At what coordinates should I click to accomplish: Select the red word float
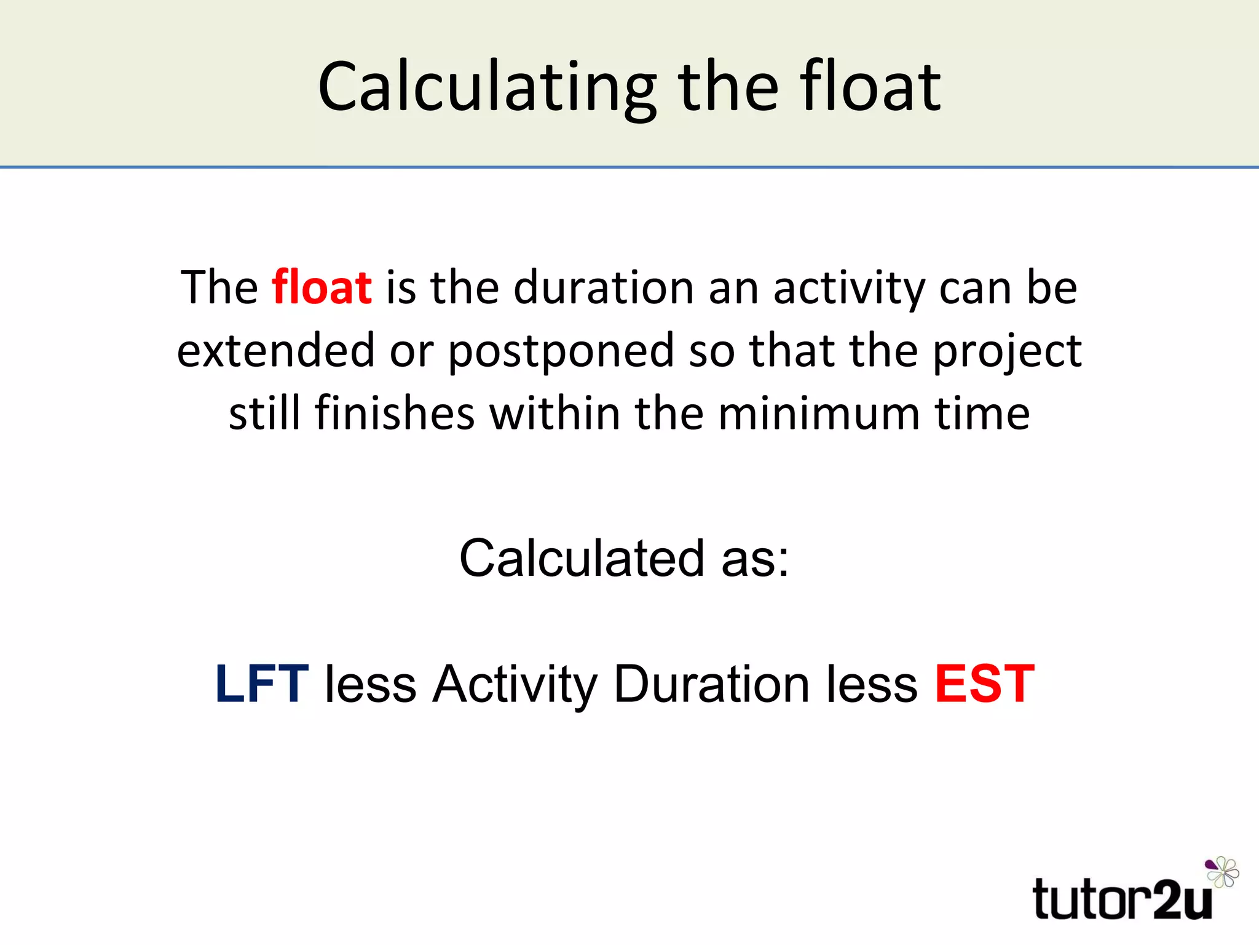click(x=322, y=287)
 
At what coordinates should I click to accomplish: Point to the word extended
click(x=275, y=350)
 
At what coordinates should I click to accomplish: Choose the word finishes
click(x=395, y=413)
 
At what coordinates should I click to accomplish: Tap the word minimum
click(x=819, y=413)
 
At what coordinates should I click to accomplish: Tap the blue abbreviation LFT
click(x=262, y=684)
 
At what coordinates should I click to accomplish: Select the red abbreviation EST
click(x=985, y=684)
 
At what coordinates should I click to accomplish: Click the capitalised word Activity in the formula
click(x=514, y=685)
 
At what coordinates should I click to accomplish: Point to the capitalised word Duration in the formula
click(x=711, y=684)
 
